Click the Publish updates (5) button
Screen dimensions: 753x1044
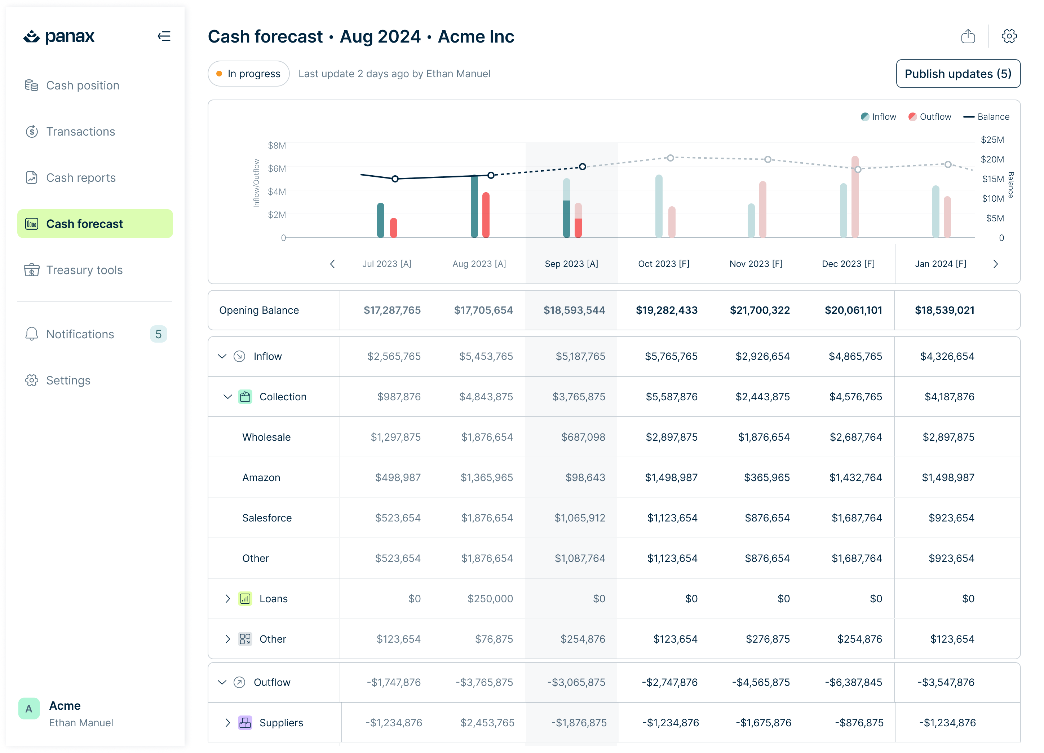pyautogui.click(x=957, y=74)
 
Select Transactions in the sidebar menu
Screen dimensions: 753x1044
pyautogui.click(x=80, y=132)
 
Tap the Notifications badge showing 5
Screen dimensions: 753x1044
pyautogui.click(x=158, y=334)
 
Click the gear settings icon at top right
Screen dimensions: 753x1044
pyautogui.click(x=1009, y=36)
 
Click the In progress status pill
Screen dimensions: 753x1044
pyautogui.click(x=249, y=74)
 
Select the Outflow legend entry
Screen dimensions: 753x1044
pyautogui.click(x=929, y=117)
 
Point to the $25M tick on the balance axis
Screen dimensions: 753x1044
pyautogui.click(x=992, y=140)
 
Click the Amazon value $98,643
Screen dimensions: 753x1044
pyautogui.click(x=585, y=477)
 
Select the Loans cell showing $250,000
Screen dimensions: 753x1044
pyautogui.click(x=490, y=599)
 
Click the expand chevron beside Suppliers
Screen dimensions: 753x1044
pyautogui.click(x=227, y=723)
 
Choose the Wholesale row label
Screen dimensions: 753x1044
pyautogui.click(x=266, y=437)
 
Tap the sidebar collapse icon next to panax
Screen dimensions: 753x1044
pyautogui.click(x=164, y=36)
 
